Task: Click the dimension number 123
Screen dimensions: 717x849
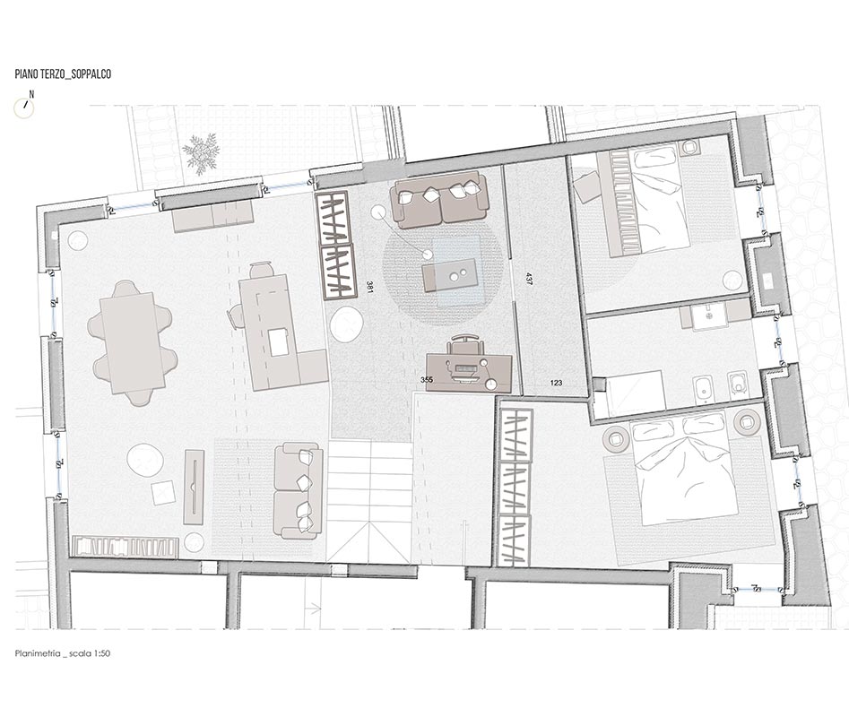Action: click(556, 384)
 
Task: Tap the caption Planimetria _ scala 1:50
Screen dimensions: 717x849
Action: click(62, 653)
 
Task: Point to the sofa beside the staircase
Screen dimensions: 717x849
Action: click(299, 490)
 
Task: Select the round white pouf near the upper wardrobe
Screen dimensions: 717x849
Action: click(346, 324)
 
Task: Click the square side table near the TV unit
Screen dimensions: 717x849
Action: click(163, 492)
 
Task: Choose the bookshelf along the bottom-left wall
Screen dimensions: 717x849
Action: click(123, 546)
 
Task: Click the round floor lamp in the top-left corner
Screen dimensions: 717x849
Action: click(78, 239)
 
